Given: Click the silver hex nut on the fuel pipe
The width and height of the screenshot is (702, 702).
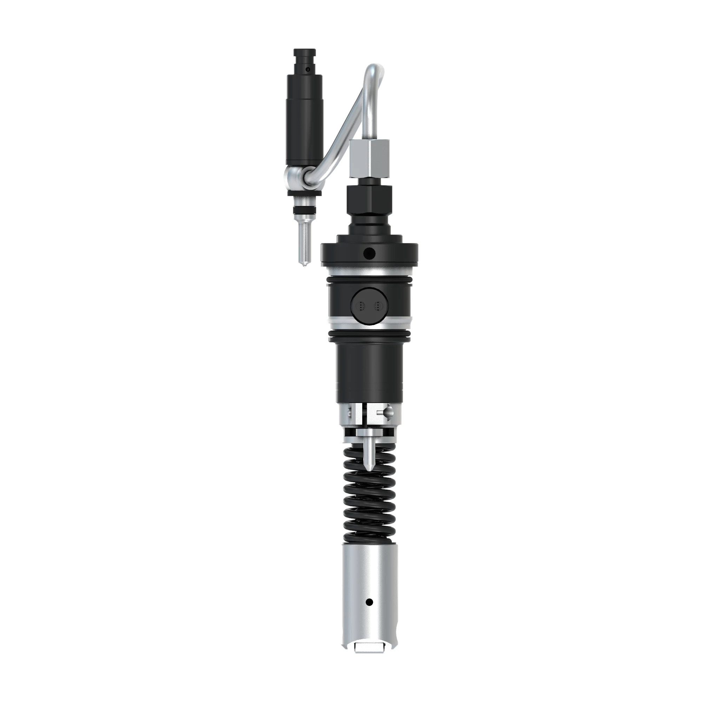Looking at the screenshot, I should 369,159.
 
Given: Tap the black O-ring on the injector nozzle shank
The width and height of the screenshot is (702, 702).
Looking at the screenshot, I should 304,210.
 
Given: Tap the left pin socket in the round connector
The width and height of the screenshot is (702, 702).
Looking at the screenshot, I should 360,306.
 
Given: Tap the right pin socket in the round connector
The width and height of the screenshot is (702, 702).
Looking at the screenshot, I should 378,306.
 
